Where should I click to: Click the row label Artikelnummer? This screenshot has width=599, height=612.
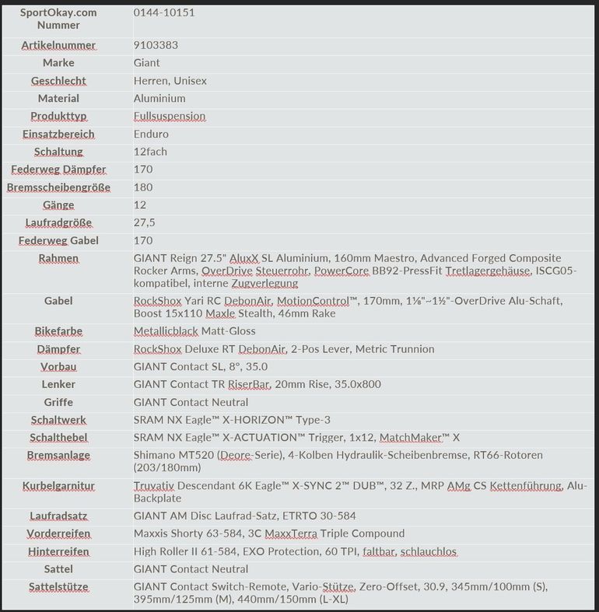(58, 45)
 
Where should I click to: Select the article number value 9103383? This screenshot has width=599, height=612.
(156, 45)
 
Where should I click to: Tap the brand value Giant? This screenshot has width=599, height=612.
(146, 63)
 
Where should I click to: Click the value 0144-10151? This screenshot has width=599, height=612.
(164, 13)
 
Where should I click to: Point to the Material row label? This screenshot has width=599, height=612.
(58, 99)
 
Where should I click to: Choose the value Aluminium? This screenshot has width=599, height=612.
(159, 99)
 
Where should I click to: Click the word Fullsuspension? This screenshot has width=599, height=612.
(170, 117)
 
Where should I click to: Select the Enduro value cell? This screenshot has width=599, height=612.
(151, 135)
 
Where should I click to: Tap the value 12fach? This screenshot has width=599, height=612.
(150, 152)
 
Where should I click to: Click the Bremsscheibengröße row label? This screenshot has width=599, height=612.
(58, 187)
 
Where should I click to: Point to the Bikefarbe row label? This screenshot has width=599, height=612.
(58, 331)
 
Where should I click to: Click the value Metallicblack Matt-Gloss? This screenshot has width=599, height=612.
(194, 331)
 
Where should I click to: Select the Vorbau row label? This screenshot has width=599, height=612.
(58, 367)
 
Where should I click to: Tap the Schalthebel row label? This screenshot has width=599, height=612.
(58, 438)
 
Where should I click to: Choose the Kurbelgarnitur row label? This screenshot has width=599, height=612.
(58, 486)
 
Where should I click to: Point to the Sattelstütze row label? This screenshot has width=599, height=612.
(58, 587)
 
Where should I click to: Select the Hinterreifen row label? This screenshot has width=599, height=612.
(58, 551)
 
